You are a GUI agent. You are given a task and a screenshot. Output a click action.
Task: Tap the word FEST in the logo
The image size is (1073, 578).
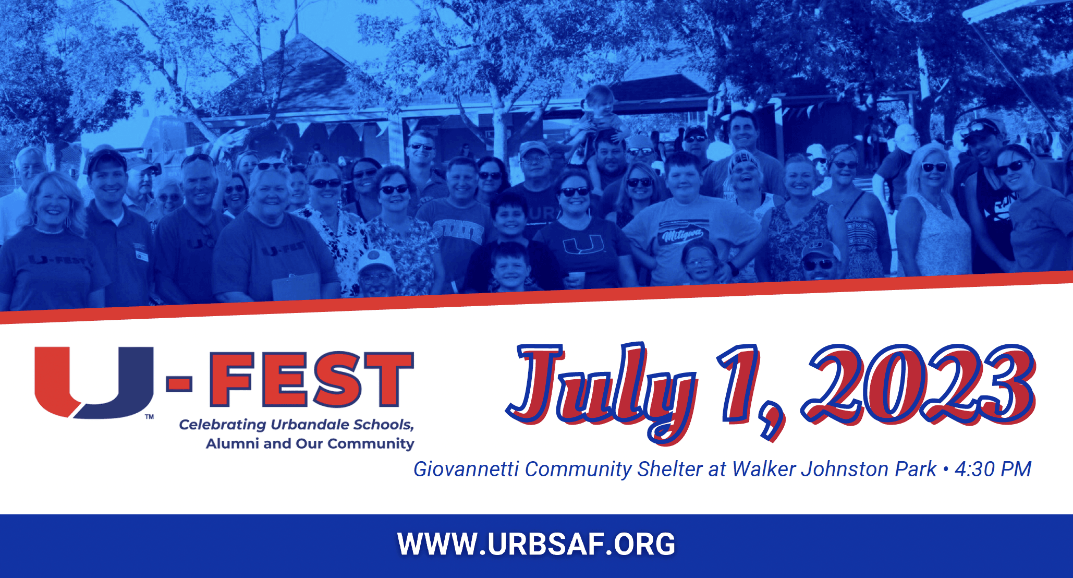point(312,379)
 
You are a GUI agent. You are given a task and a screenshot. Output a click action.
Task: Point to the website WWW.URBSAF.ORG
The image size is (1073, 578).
point(537,544)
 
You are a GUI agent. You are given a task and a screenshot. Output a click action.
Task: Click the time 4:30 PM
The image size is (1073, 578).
point(993,469)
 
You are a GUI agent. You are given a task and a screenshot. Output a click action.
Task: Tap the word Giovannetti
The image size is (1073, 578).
point(466,469)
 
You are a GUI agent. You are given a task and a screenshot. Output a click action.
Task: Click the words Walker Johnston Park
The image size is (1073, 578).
point(834,469)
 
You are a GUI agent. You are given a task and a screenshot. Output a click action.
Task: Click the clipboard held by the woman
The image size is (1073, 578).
point(296,287)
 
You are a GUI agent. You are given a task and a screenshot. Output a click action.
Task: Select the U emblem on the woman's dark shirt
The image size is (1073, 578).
point(583,245)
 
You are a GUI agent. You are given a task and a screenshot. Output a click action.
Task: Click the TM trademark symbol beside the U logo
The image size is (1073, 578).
point(150,416)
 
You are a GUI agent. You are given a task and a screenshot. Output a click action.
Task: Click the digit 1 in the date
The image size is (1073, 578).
point(740,382)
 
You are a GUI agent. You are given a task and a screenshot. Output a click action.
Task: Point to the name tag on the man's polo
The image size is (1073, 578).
point(142,255)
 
